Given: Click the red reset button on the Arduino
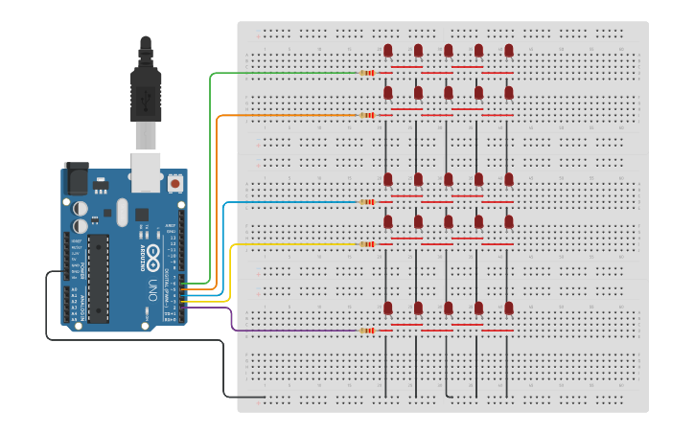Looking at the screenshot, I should point(175,182).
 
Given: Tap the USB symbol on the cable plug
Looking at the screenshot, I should point(146,99).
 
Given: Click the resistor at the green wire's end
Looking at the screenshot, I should point(366,73).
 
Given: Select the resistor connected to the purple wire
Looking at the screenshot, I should point(366,331).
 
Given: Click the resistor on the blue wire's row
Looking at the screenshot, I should point(366,202).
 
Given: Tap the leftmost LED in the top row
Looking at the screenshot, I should point(388,50).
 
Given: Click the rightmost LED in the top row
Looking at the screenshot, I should point(509,50).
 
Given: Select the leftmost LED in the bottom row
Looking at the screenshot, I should point(388,308).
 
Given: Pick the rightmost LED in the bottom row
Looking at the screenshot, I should point(509,308).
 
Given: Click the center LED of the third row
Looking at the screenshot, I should point(449,179).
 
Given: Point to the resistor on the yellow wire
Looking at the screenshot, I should point(366,244).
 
